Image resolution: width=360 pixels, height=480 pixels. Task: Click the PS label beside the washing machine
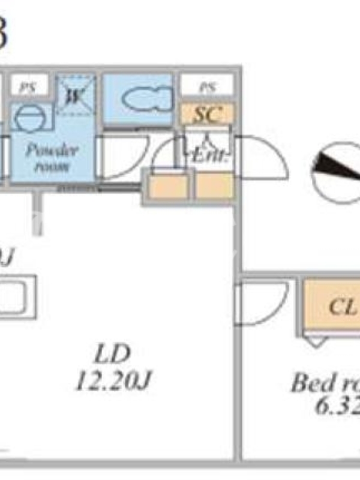tap(27, 86)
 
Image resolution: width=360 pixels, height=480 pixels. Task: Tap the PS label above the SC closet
tap(207, 86)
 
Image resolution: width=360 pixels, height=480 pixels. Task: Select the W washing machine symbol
tap(76, 94)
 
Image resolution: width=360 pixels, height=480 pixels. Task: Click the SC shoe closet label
tap(208, 113)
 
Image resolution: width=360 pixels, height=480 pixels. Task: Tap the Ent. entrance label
tap(208, 156)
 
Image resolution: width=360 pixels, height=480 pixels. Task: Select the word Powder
tap(52, 149)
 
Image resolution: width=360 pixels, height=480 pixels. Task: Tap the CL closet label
tap(342, 307)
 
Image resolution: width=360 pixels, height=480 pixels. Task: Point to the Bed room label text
tap(324, 382)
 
